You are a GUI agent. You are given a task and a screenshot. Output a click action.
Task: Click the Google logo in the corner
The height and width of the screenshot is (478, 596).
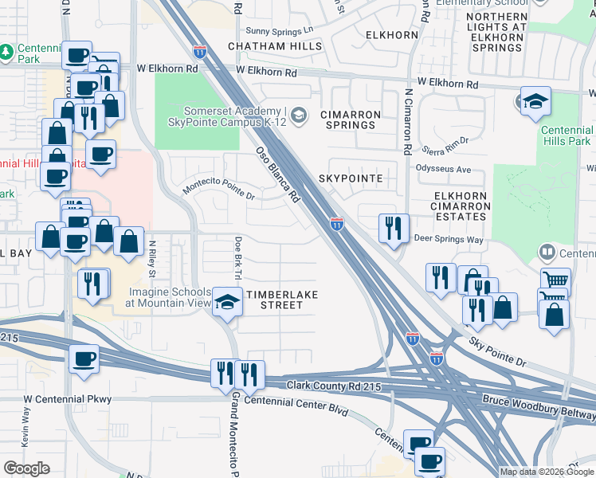[x=26, y=468]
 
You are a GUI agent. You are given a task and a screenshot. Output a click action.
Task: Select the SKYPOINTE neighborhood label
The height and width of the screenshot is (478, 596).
[x=351, y=178]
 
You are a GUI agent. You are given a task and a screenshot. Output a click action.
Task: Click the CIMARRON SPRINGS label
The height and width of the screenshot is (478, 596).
[x=348, y=119]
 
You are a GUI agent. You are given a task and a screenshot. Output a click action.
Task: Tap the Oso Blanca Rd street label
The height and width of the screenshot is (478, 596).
[x=276, y=173]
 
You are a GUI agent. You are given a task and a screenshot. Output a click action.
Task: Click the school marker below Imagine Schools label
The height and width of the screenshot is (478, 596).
[x=228, y=304]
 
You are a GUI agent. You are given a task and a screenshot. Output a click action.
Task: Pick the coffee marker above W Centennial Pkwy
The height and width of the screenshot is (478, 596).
[x=84, y=358]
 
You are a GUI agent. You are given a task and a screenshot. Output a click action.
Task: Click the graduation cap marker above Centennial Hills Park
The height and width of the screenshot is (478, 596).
[x=536, y=100]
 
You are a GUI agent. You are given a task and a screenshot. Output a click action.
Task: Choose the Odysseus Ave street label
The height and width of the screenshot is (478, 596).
[x=444, y=169]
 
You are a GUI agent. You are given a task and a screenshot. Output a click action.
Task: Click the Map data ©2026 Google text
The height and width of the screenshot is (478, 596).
[x=547, y=472]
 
